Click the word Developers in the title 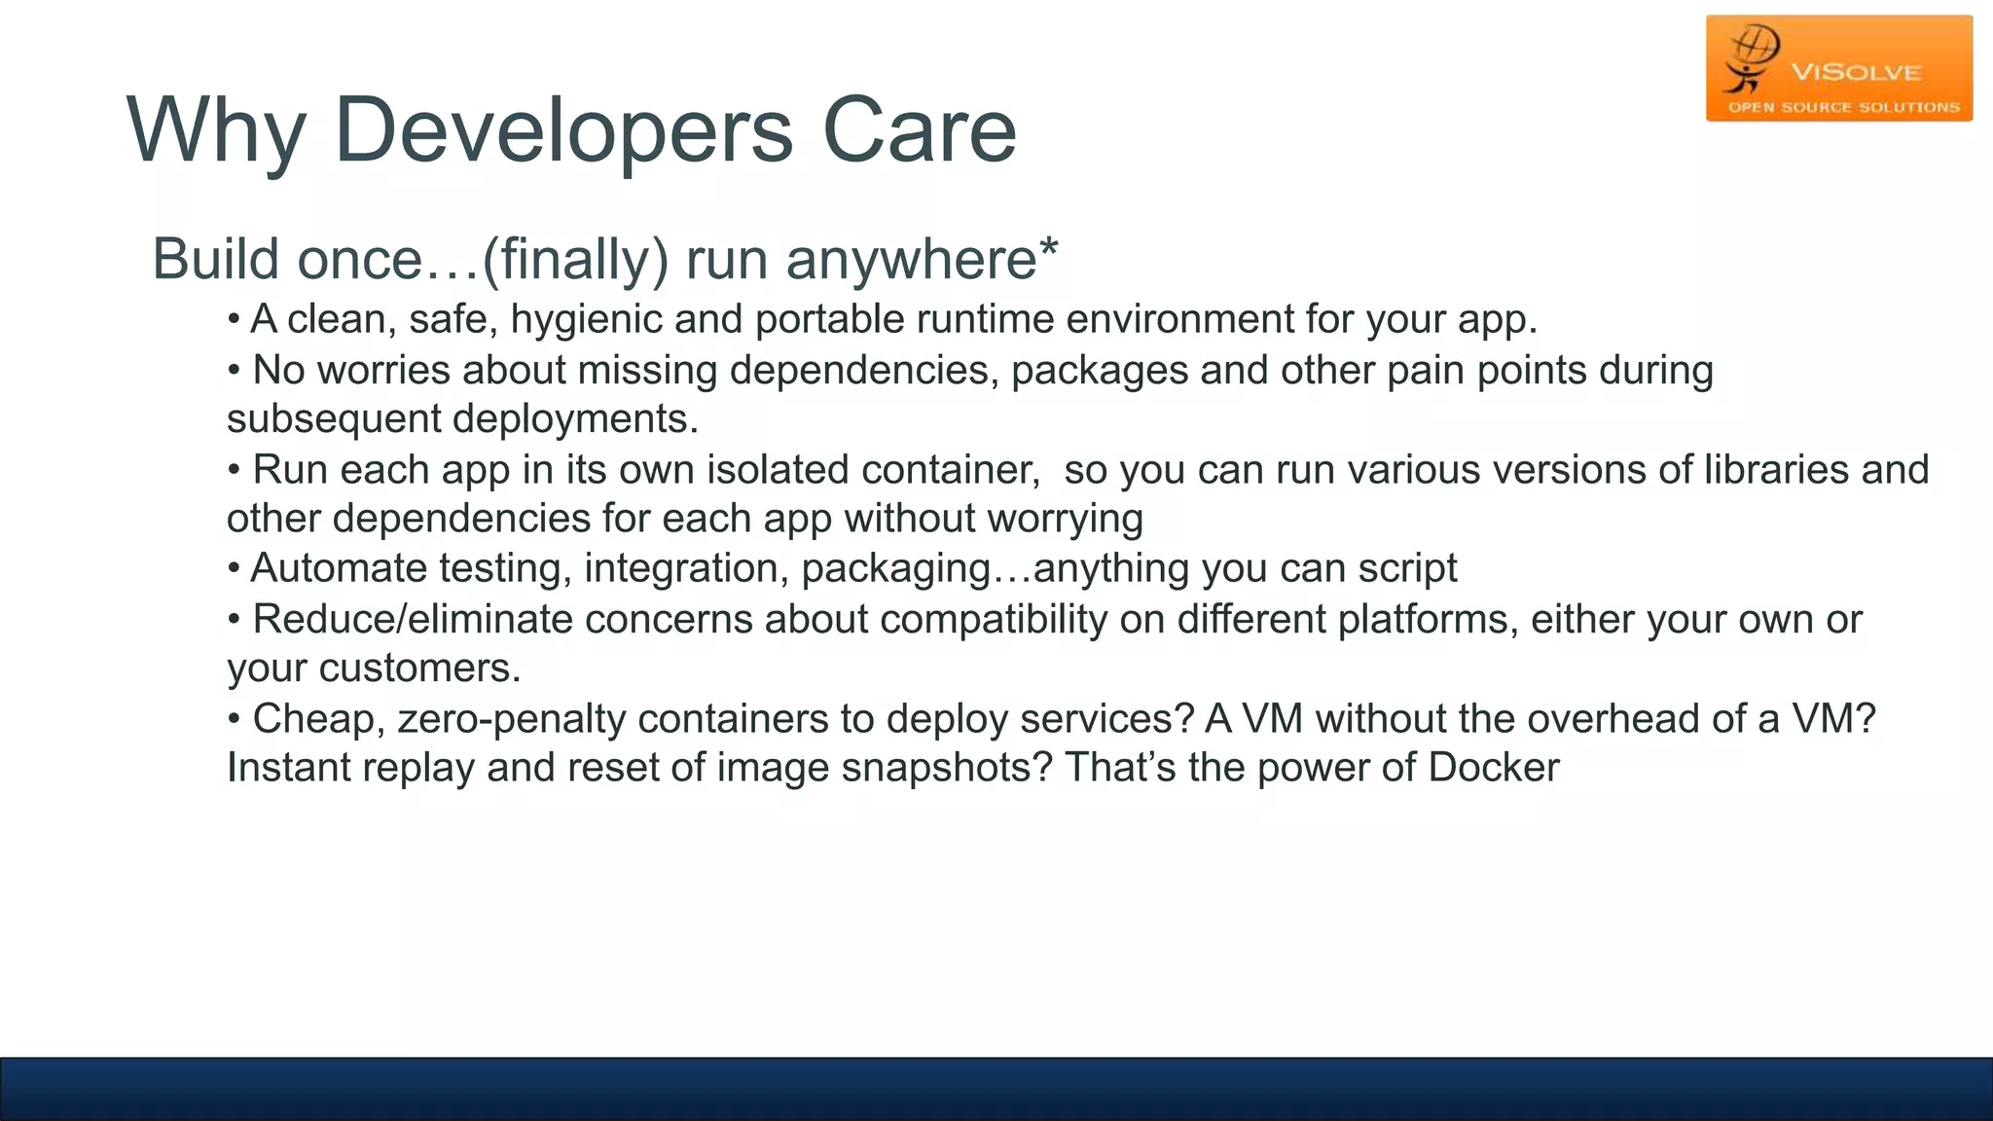(563, 131)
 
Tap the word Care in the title (919, 131)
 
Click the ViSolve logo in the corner (1838, 69)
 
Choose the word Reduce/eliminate (413, 620)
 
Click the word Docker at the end (1494, 769)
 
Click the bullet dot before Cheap (234, 720)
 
